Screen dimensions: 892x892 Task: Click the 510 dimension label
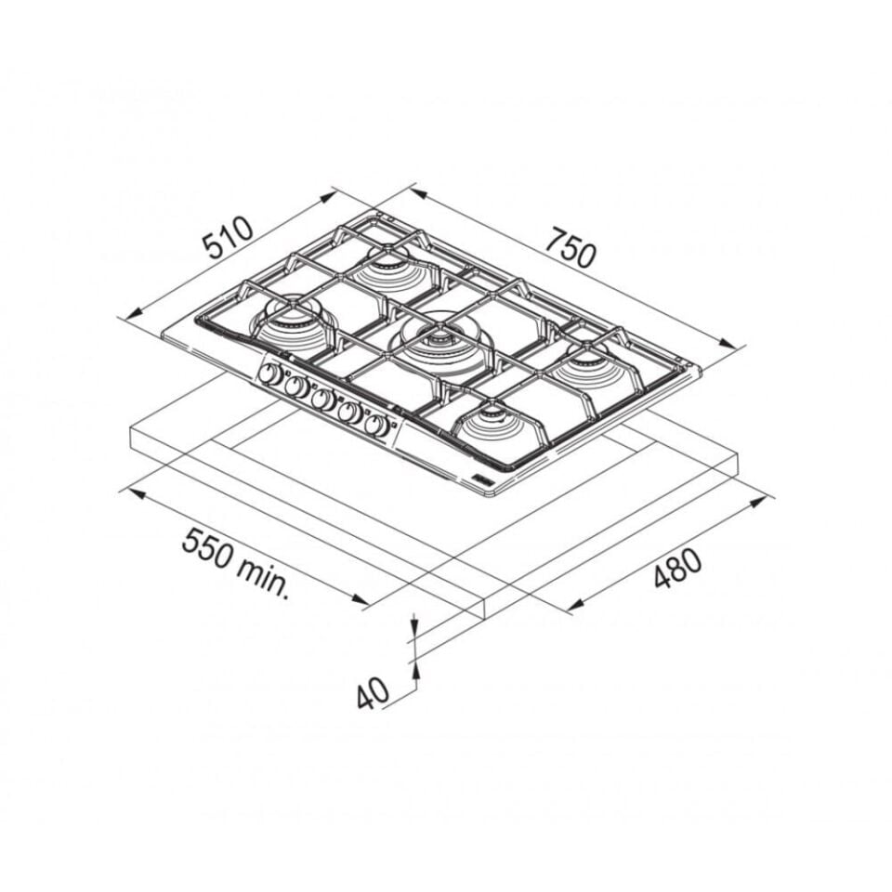coord(229,237)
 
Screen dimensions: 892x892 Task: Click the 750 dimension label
coord(571,247)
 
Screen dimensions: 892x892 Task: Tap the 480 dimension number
coord(678,568)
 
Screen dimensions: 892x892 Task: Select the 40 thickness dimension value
coord(373,692)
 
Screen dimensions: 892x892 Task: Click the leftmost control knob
coord(269,374)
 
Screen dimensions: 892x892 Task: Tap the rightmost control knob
coord(376,425)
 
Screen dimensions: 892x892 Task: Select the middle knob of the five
coord(322,400)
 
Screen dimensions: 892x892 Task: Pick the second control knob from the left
coord(295,387)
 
